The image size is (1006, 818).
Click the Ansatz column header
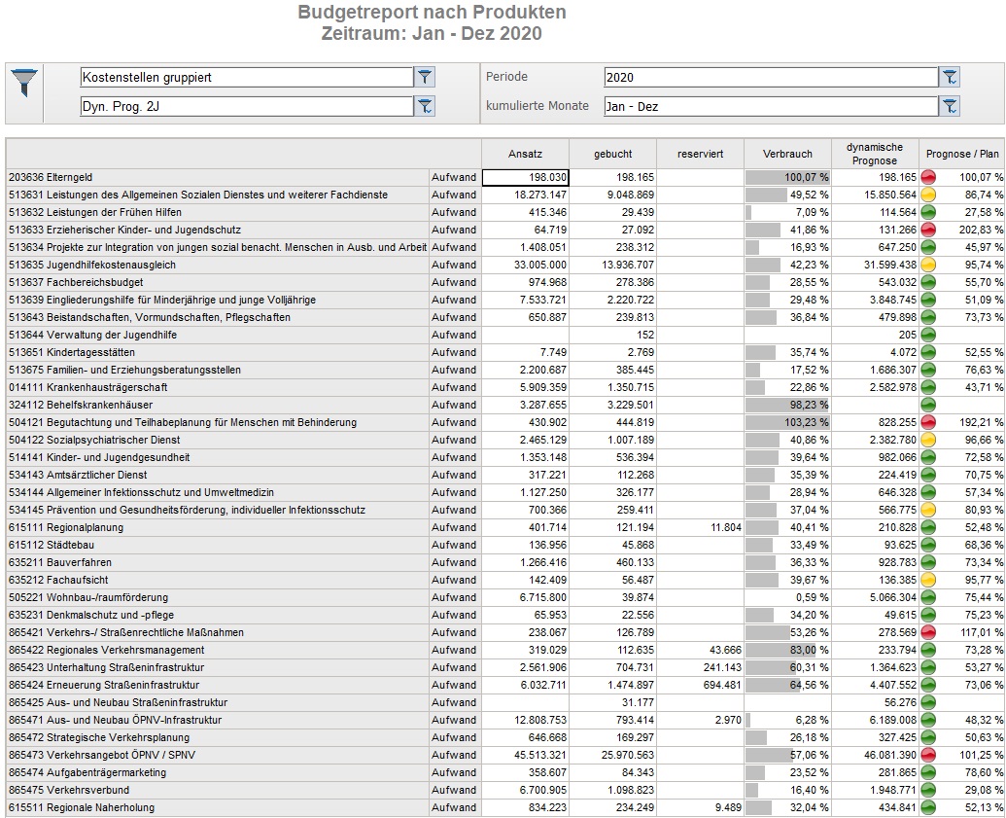tap(525, 154)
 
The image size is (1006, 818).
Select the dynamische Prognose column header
tap(875, 154)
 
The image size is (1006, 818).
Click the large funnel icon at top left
tap(24, 83)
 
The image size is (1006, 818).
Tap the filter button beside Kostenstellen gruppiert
tap(425, 77)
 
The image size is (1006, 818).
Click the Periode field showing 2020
tap(771, 77)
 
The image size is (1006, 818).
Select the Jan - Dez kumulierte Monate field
tap(771, 106)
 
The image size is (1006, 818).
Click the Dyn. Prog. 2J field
tap(247, 106)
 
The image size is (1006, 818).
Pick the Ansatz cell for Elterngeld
tap(525, 177)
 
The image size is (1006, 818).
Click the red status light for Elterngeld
tap(927, 177)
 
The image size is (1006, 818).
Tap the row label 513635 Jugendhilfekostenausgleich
tap(91, 265)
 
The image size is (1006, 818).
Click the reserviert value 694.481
tap(722, 685)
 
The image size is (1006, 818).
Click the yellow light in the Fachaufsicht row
tap(927, 580)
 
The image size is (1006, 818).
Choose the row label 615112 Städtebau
tap(52, 545)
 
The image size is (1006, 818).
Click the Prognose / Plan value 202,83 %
tap(981, 230)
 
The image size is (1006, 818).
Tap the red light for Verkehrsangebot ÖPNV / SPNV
tap(927, 755)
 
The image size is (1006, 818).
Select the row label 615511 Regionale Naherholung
tap(82, 807)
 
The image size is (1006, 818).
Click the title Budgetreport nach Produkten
tap(432, 13)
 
